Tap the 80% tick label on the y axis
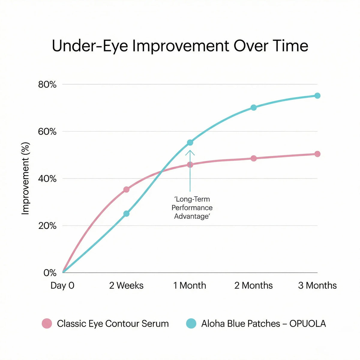coord(47,85)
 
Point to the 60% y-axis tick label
coord(47,132)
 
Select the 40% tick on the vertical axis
coord(47,179)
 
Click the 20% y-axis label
coord(47,226)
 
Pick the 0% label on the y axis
coord(50,273)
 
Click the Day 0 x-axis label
coord(62,285)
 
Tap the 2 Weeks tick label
coord(126,285)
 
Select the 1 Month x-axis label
coord(190,285)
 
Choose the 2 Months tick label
coord(253,285)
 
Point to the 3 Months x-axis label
coord(317,285)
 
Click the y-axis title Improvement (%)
coord(26,178)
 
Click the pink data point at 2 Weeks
coord(126,190)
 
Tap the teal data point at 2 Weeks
coord(126,214)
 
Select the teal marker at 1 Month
coord(190,142)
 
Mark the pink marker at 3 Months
coord(317,154)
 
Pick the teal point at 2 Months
coord(253,107)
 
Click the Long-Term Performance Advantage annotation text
coord(192,208)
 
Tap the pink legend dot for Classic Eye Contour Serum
coord(47,323)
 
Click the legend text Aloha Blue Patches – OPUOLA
coord(263,323)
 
